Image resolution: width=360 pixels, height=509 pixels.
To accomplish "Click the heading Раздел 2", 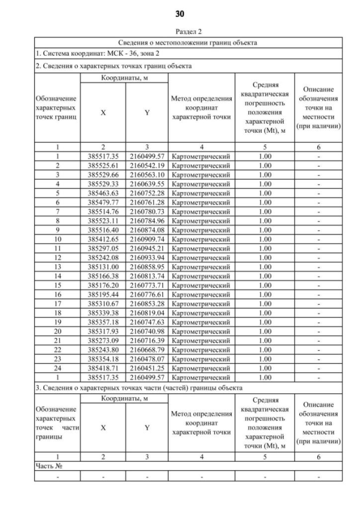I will [x=179, y=33].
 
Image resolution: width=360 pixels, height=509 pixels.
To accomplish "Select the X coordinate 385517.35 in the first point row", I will [x=103, y=156].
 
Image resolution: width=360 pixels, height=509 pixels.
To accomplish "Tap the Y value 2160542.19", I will [x=147, y=166].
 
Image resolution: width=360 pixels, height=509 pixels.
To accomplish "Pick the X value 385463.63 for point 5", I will [x=103, y=193].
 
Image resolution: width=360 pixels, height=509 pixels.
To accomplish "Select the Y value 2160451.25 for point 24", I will [x=147, y=368].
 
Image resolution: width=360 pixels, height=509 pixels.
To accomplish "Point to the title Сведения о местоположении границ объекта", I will [x=188, y=43].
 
